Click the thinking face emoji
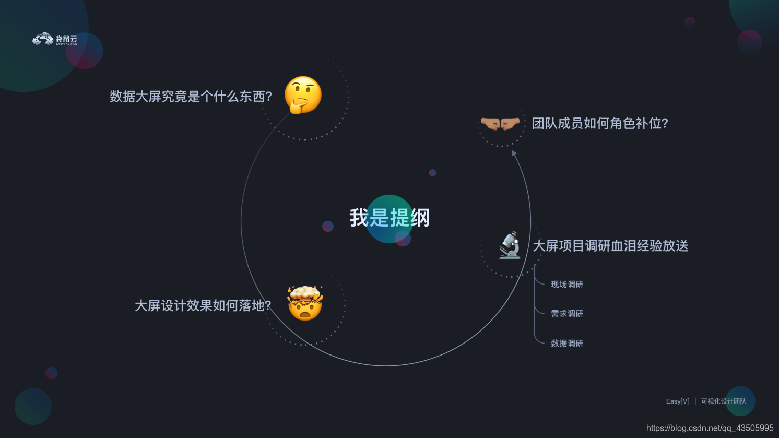coord(303,94)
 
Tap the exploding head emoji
coord(305,303)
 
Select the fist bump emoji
coord(500,123)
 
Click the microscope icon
coord(510,245)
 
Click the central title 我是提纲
coord(389,218)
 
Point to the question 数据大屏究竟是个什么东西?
coord(191,97)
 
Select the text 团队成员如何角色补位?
coord(600,123)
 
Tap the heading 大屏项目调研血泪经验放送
coord(610,246)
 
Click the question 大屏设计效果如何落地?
coord(203,305)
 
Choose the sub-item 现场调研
coord(567,285)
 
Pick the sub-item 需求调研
coord(567,314)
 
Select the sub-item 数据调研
coord(567,344)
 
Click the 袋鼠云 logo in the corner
coord(55,40)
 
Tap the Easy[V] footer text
coord(678,401)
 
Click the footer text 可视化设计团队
coord(724,401)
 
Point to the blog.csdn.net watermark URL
coord(710,428)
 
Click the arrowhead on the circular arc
coord(514,153)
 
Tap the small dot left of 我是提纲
coord(328,226)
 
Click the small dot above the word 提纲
coord(432,173)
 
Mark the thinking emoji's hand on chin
coord(298,106)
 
